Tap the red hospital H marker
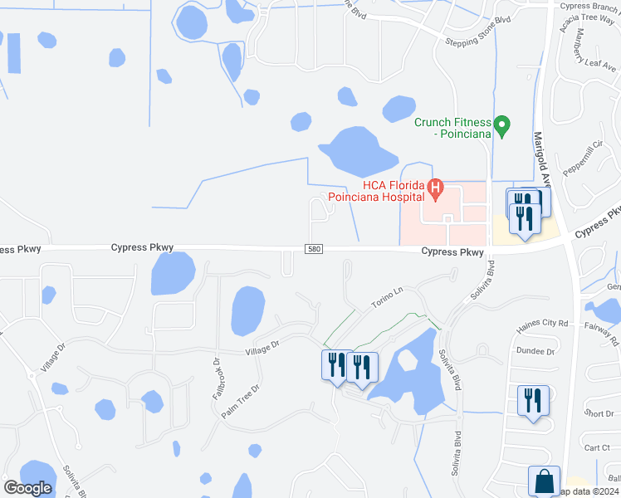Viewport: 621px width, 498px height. [435, 192]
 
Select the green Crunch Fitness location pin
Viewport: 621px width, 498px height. [501, 125]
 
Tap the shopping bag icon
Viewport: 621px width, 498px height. [544, 481]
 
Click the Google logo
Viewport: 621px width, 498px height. [27, 488]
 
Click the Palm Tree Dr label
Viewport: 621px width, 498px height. [241, 401]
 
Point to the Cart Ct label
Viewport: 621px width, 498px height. [597, 447]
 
